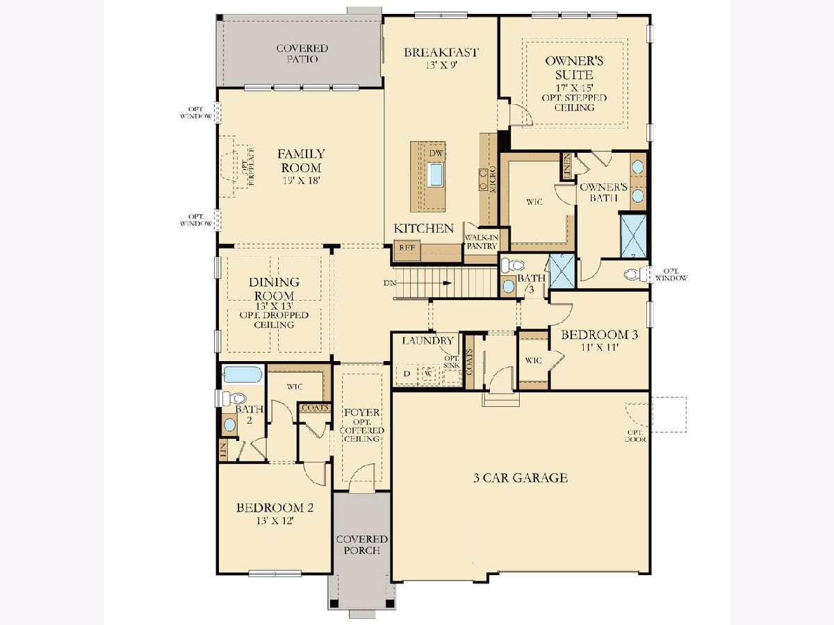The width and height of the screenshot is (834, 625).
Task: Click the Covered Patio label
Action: pos(302,53)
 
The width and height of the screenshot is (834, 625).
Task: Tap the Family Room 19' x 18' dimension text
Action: pos(302,181)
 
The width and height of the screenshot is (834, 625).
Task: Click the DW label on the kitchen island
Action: pos(436,153)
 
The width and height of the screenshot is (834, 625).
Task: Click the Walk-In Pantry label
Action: pos(482,242)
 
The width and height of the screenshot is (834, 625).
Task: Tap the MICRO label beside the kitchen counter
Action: pos(493,179)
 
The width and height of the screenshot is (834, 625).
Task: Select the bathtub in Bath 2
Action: pos(243,374)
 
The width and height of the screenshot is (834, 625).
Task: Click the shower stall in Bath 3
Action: pos(562,272)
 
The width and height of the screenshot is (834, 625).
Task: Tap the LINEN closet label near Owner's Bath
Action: pos(566,166)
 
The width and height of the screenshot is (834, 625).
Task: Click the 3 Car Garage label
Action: pos(520,477)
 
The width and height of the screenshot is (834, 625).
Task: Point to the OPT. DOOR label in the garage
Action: pos(635,435)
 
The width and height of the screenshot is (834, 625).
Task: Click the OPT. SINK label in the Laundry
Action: pos(451,362)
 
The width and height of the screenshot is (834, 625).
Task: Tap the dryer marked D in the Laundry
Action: pos(407,374)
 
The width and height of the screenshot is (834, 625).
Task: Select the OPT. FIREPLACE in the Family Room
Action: pos(235,167)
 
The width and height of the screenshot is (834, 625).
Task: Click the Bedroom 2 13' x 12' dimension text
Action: pos(275,521)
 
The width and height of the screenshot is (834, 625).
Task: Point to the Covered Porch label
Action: pos(361,544)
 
